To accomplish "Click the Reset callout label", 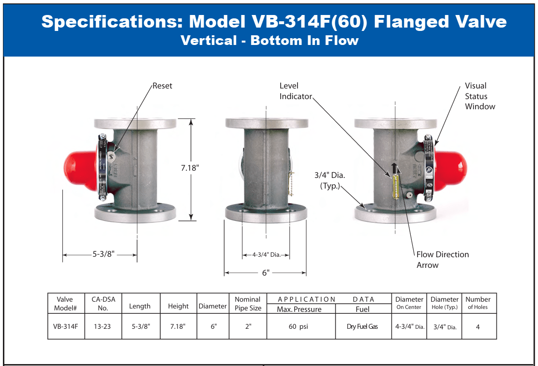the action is click(162, 86).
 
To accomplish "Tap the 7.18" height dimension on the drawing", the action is click(190, 168).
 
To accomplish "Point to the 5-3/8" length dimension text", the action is click(104, 254).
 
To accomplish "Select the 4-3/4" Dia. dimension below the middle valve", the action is click(266, 254).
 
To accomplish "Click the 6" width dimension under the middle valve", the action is click(266, 273).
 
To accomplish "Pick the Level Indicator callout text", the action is click(296, 91).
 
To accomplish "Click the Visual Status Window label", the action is click(480, 96).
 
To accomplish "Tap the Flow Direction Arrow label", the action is click(443, 260).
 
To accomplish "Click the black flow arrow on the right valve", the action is click(395, 169).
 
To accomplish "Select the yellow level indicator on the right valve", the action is click(396, 187).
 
